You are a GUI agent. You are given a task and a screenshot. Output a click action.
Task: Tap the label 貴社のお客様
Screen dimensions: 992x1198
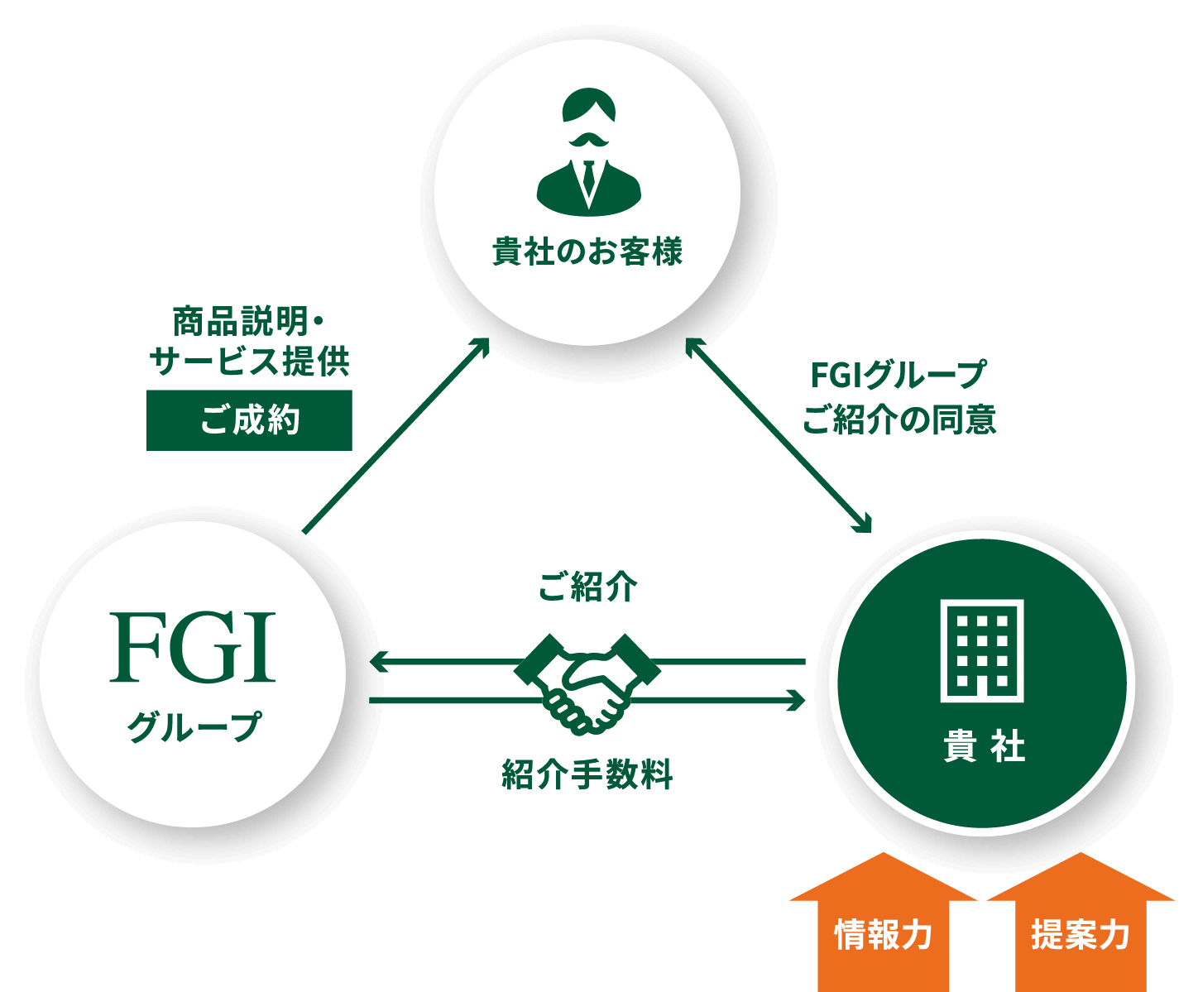point(587,252)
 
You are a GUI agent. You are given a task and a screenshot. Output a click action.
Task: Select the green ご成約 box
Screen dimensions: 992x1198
point(249,420)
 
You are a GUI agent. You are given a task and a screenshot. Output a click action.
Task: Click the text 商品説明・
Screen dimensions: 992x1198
point(250,321)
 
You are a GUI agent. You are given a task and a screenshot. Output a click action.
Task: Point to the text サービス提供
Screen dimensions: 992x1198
point(250,362)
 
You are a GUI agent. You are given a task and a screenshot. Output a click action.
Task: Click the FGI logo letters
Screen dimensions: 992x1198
point(192,648)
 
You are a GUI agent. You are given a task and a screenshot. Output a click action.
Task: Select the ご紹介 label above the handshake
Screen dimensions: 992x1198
point(587,587)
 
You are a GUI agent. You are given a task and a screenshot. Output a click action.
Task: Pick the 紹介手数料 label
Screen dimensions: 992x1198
point(587,774)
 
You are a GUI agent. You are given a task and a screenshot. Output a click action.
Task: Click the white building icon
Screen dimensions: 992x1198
point(982,650)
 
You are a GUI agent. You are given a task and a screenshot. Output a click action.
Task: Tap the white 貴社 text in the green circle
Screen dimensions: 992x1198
point(984,748)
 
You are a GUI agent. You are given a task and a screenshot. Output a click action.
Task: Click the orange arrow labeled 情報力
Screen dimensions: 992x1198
point(884,923)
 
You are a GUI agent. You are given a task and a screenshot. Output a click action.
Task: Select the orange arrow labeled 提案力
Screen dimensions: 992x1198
point(1081,923)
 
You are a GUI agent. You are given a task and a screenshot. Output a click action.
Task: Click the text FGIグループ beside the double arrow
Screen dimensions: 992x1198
point(898,376)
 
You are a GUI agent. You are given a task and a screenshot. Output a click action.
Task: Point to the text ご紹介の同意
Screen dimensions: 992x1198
point(898,419)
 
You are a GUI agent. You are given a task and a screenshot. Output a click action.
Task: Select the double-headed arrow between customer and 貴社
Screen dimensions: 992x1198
point(778,434)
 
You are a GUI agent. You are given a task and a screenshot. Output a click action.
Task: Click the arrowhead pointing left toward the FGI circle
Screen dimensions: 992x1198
point(379,662)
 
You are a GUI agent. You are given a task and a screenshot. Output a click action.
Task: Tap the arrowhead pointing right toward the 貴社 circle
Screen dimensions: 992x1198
point(795,701)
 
